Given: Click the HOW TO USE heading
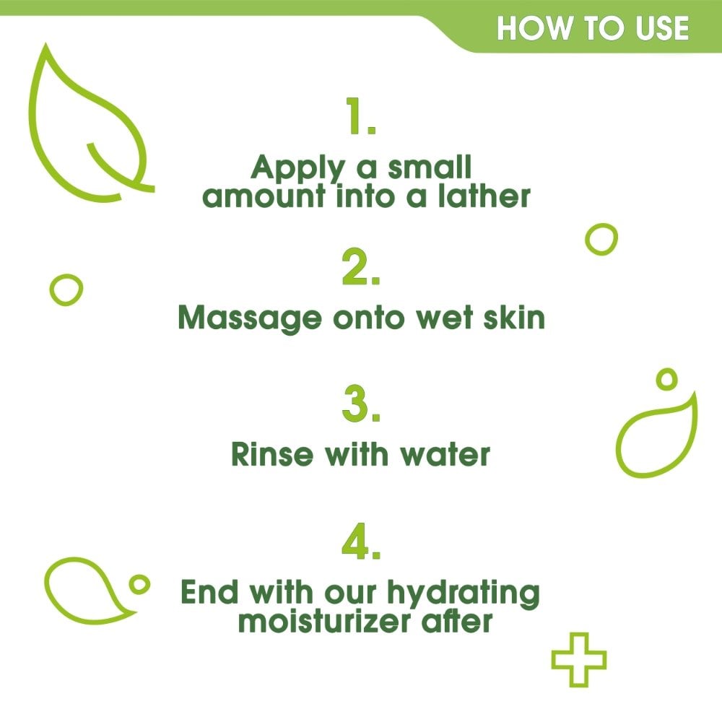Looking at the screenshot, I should [593, 28].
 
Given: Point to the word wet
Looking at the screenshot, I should [443, 318].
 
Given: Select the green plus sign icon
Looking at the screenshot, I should [578, 659].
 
